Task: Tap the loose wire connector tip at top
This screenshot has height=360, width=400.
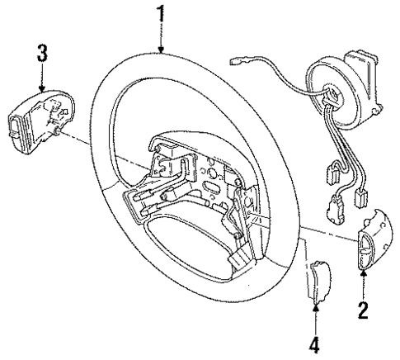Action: coord(238,60)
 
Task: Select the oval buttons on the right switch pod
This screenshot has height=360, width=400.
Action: coord(363,251)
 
